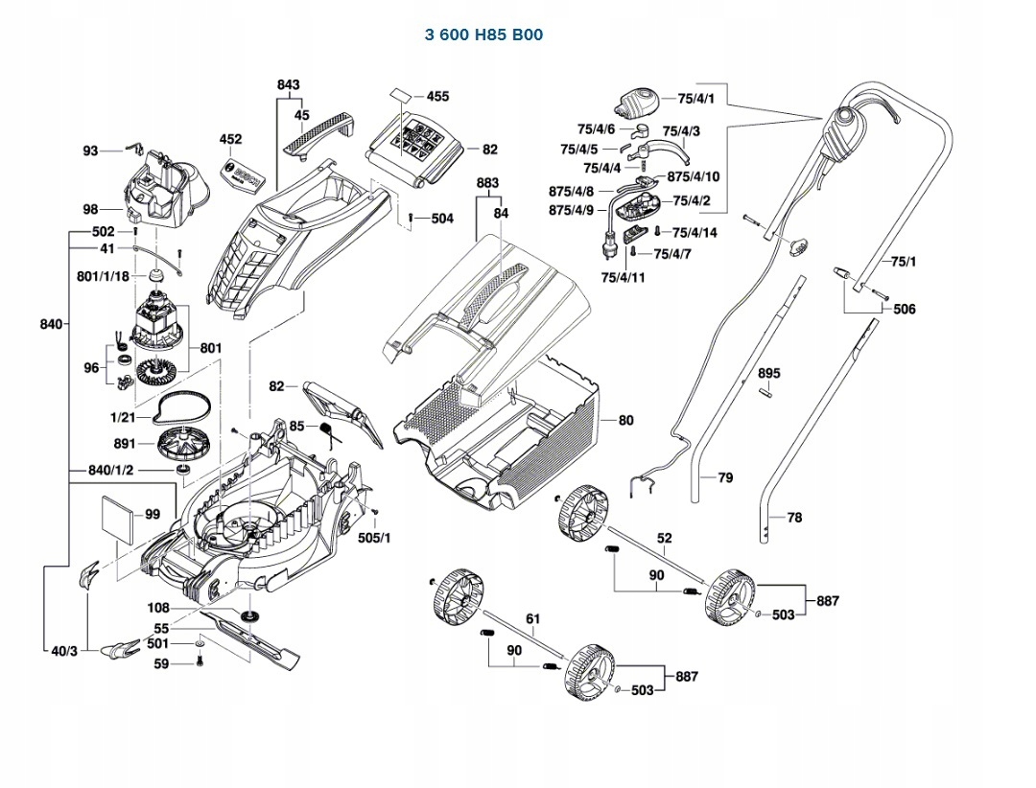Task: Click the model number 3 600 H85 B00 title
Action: (483, 35)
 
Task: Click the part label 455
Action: (437, 97)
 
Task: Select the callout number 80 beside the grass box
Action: (626, 420)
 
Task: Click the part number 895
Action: (769, 373)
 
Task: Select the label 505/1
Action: (374, 538)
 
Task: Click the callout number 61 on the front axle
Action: (533, 620)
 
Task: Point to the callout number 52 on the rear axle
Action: (665, 539)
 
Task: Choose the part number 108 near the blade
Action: (158, 608)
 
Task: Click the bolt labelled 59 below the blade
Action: (200, 661)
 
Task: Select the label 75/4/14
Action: (695, 233)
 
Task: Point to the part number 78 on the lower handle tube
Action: (794, 517)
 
